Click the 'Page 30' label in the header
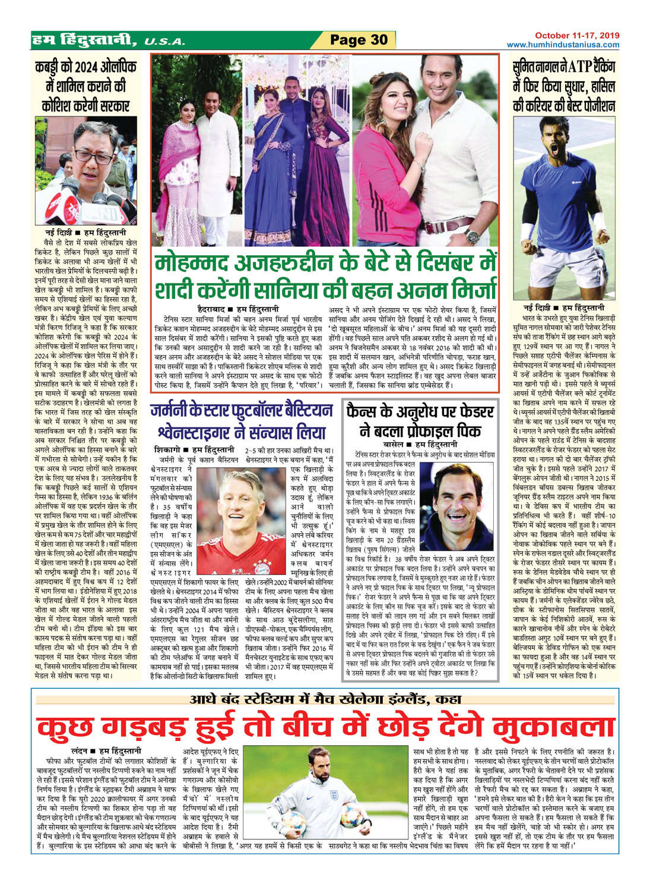point(359,40)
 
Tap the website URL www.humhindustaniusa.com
point(563,45)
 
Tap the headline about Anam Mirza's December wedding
point(325,277)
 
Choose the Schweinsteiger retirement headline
point(241,422)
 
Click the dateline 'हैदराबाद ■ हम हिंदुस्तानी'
point(238,309)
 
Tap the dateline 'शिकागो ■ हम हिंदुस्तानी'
point(194,450)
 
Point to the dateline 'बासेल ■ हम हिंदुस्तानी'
point(420,443)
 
